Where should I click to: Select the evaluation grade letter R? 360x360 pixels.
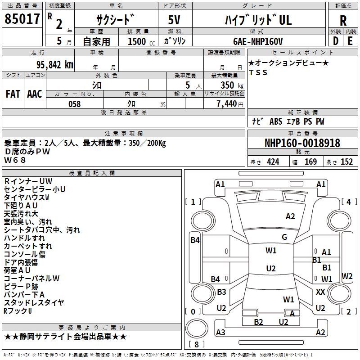tap(343, 21)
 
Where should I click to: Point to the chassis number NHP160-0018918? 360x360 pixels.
tap(302, 143)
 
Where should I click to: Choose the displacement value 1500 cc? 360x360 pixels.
tap(138, 41)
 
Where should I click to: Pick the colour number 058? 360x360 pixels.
tap(74, 104)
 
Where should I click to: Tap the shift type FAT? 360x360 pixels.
tap(13, 94)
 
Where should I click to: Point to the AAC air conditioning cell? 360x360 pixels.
tap(35, 94)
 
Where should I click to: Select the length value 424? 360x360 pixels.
tap(273, 162)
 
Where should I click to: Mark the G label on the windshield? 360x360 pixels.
tap(284, 237)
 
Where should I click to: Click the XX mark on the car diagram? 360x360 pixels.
tap(320, 292)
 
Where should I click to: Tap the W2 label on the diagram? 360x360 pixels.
tap(347, 276)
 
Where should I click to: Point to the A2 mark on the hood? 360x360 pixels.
tap(290, 216)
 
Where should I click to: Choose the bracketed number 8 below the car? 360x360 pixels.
tap(196, 344)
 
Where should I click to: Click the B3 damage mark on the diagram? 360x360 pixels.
tap(221, 292)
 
